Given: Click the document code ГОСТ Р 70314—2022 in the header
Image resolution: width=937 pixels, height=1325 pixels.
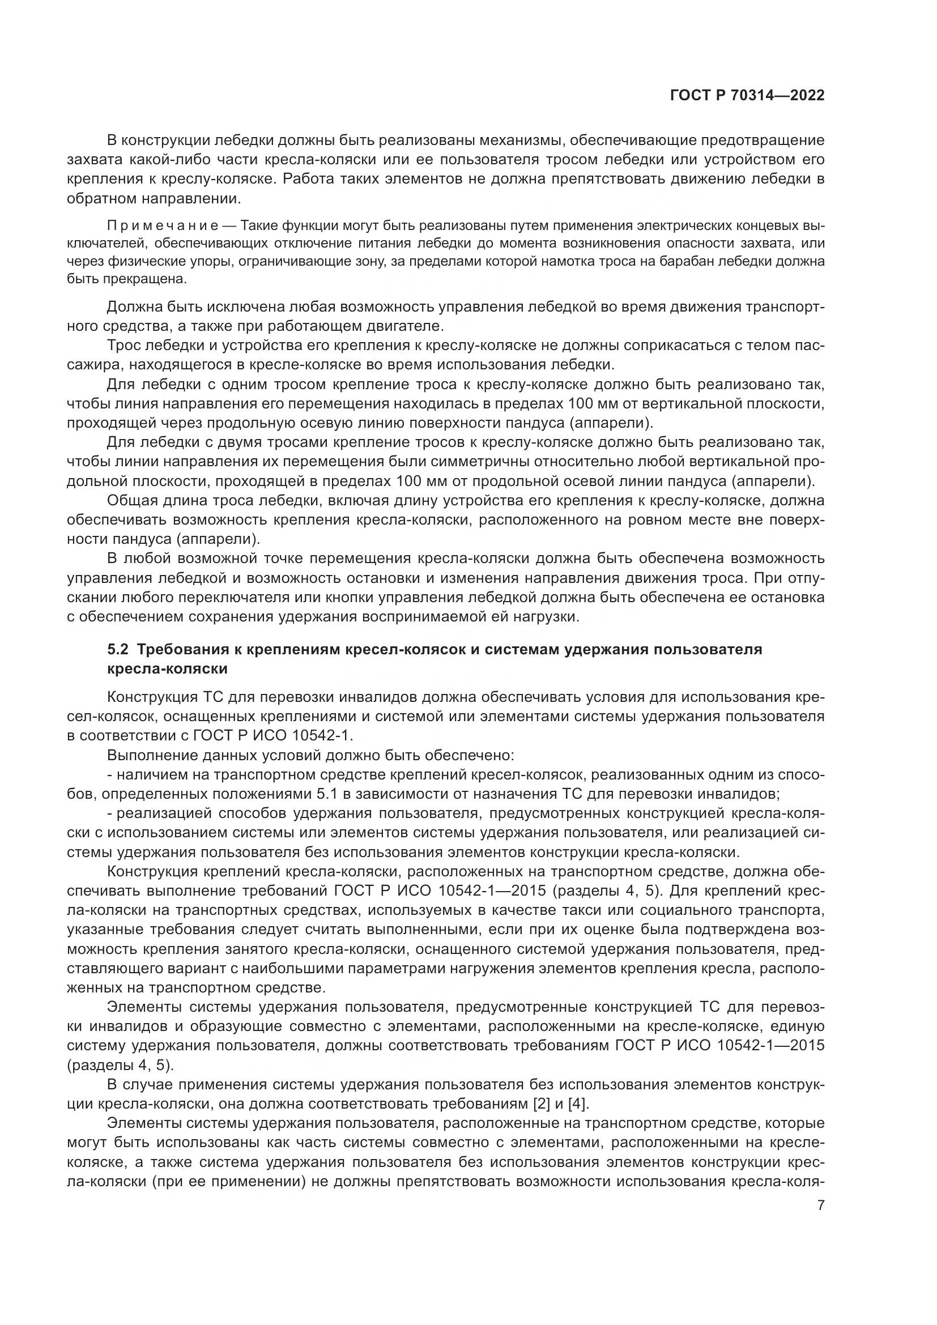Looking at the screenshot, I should (747, 96).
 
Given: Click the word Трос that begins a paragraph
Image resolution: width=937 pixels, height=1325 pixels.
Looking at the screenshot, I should (124, 346).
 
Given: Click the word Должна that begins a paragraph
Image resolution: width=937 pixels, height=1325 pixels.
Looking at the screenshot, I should (134, 307).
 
